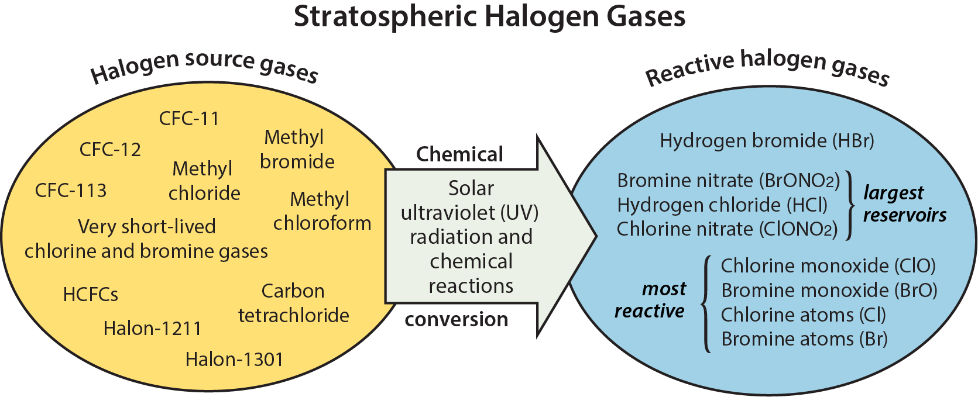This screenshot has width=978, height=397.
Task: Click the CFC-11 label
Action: [189, 119]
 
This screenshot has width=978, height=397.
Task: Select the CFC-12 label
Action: [110, 150]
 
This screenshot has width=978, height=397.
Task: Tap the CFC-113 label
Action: [71, 191]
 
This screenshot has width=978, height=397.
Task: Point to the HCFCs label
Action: [90, 295]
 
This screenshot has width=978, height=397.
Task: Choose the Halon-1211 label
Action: [152, 329]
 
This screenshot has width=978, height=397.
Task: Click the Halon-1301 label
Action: [235, 360]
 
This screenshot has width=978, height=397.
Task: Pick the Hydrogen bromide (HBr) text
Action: [767, 141]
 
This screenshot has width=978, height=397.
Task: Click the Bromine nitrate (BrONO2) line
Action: [729, 181]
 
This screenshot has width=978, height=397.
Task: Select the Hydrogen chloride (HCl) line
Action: [722, 205]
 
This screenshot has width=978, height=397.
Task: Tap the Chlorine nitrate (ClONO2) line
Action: [728, 229]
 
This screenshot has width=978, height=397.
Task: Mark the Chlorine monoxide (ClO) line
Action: [828, 265]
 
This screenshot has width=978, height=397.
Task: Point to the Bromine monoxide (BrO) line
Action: [829, 290]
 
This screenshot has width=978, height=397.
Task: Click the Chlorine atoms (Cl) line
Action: [804, 315]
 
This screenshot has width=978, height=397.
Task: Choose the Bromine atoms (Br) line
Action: [804, 339]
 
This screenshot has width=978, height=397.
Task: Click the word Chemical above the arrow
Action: [460, 154]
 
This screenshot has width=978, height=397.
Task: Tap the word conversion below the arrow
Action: [457, 319]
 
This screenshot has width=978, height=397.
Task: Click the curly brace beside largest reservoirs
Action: [850, 205]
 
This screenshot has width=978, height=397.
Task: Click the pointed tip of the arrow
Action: [596, 236]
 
